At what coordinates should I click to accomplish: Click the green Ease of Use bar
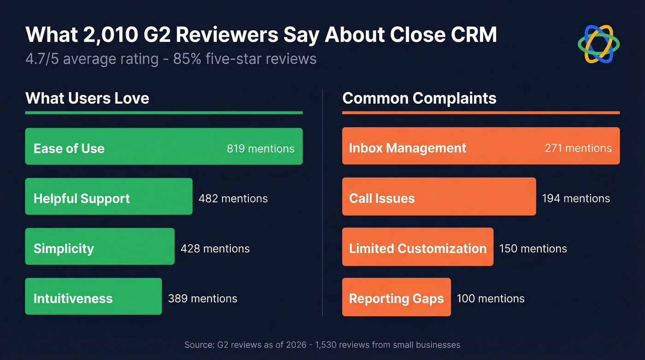164,147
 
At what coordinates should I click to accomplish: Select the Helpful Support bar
108,196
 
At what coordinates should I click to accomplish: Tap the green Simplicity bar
100,247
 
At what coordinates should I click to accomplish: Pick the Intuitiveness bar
93,296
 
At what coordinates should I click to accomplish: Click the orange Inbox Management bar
481,146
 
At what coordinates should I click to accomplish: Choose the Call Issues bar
439,196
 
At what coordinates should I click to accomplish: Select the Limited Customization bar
417,247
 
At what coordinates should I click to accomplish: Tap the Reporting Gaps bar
396,297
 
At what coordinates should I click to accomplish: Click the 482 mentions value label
233,199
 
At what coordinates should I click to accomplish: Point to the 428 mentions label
215,249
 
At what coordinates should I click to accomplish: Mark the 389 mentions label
203,299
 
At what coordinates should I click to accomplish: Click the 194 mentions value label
576,199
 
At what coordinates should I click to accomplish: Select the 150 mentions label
533,249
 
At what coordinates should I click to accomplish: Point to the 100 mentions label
491,299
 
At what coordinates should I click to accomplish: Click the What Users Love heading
87,98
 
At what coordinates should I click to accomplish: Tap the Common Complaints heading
419,98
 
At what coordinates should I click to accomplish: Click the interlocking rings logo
598,44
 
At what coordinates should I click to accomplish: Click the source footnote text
322,345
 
